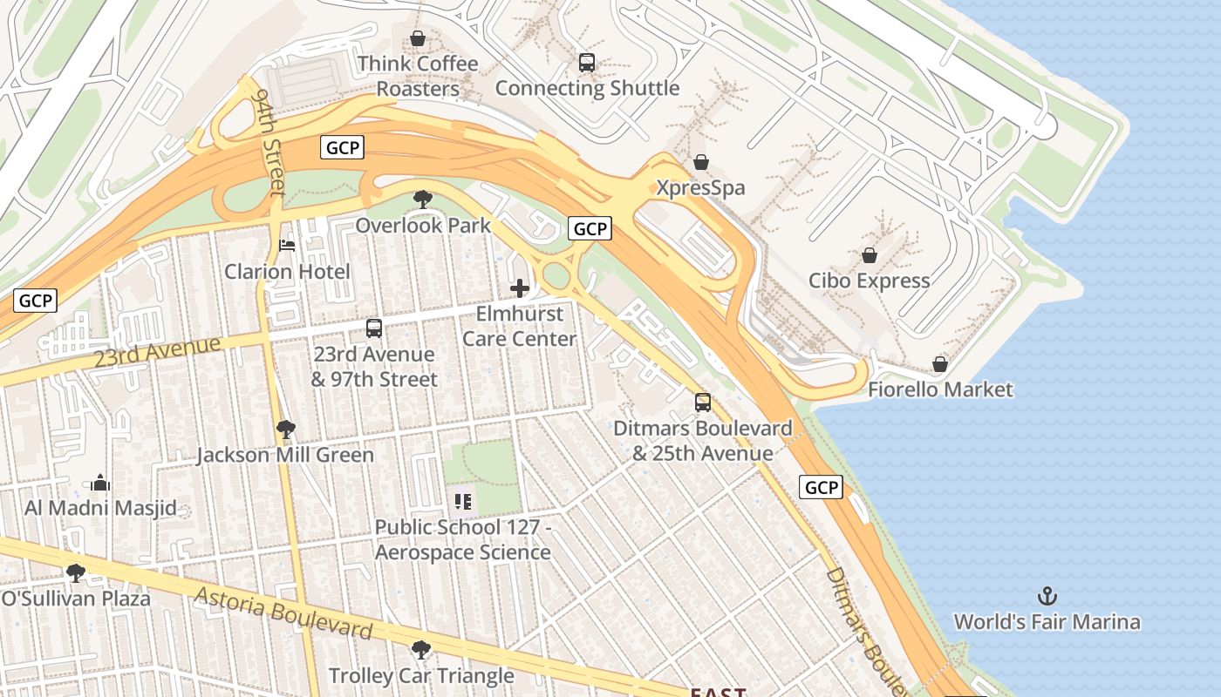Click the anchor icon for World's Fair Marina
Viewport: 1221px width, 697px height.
coord(1047,597)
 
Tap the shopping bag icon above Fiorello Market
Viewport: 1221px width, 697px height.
coord(940,364)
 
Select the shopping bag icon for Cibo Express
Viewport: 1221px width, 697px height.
coord(869,255)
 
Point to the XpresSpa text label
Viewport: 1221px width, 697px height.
coord(700,188)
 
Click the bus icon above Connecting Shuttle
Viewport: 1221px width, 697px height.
coord(587,63)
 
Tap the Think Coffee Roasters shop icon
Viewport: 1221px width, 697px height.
coord(418,39)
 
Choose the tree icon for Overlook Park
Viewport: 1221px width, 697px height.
coord(423,200)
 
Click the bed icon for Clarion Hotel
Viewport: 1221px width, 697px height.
coord(287,246)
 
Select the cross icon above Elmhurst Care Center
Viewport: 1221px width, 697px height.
coord(520,288)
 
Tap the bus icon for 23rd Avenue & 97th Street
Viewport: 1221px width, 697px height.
coord(374,328)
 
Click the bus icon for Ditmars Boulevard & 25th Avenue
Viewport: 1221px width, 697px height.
coord(703,403)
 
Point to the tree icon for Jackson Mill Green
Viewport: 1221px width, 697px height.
coord(285,429)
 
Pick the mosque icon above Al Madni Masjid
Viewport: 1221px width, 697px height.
coord(100,483)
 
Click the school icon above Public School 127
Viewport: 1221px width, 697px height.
coord(463,502)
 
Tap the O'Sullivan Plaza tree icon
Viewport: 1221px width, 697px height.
coord(76,572)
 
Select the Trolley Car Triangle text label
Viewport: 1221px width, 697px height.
coord(421,675)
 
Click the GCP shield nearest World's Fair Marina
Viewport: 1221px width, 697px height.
coord(821,487)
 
